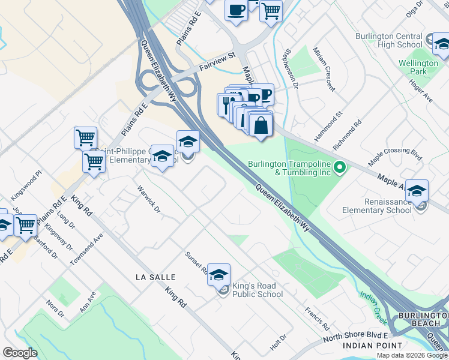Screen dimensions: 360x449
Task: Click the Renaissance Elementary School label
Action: (x=377, y=206)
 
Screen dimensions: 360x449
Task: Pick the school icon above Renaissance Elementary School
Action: (x=417, y=191)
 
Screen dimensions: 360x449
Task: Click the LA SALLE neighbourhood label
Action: (x=155, y=277)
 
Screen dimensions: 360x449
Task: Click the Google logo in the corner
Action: (x=20, y=353)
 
